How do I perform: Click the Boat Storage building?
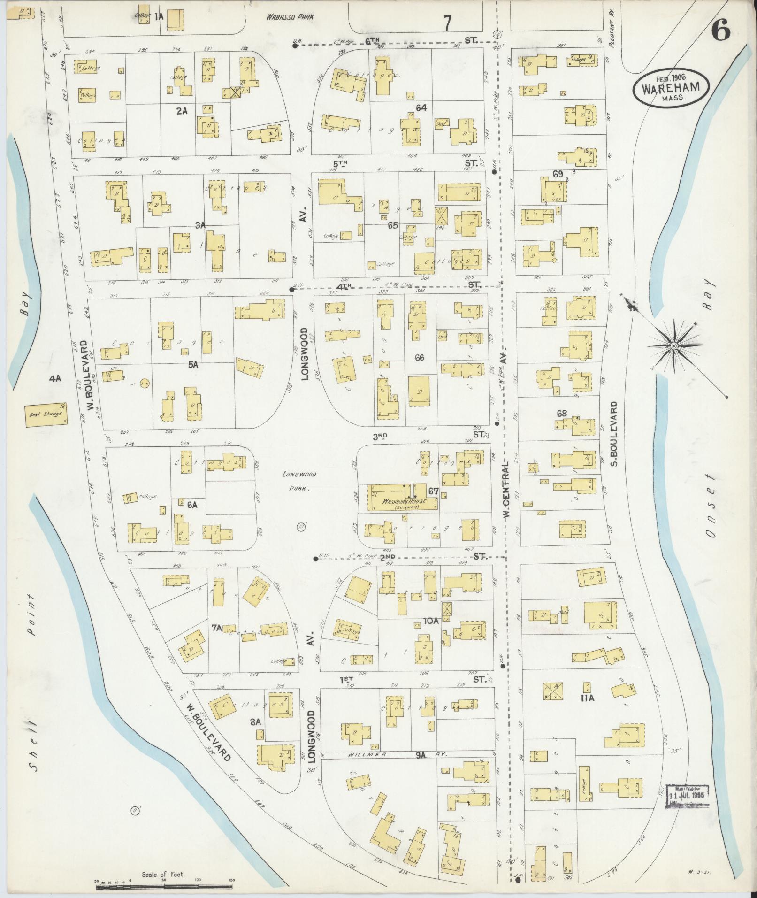46,415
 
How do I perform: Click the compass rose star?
673,346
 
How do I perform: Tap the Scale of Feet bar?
164,887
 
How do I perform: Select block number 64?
421,108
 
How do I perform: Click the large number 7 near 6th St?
447,23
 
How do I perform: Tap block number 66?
419,357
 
